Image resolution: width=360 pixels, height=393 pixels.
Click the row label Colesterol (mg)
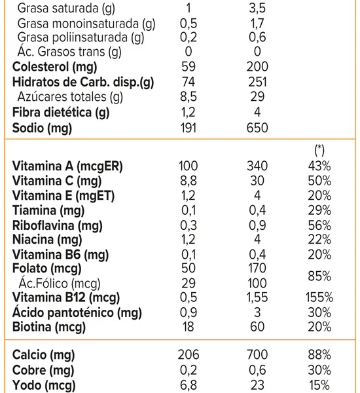click(54, 67)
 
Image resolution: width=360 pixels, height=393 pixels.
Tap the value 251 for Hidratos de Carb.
click(257, 82)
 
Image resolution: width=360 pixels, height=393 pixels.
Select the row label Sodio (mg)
click(42, 128)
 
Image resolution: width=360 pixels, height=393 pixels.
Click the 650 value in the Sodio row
click(257, 128)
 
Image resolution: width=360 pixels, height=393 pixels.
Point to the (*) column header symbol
click(319, 151)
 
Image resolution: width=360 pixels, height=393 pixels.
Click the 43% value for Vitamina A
click(319, 166)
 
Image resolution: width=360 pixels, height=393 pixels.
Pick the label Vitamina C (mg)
click(57, 181)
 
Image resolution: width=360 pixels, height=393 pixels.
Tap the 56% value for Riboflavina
click(319, 225)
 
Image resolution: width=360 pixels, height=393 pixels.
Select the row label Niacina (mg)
click(47, 240)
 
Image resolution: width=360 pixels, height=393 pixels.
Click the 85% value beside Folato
click(319, 276)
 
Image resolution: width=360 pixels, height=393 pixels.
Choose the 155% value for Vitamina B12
click(319, 297)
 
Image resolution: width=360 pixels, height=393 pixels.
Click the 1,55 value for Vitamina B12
click(257, 297)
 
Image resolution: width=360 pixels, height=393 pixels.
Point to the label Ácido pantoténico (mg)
click(77, 313)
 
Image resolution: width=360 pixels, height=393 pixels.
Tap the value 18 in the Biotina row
click(189, 327)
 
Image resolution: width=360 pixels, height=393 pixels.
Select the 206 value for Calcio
click(189, 354)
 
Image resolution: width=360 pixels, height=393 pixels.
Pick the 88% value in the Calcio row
click(319, 354)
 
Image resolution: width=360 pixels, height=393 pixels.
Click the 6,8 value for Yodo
click(189, 385)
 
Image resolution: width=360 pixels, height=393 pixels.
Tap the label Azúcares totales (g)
click(70, 97)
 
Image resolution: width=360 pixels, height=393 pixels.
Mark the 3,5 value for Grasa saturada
click(257, 9)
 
